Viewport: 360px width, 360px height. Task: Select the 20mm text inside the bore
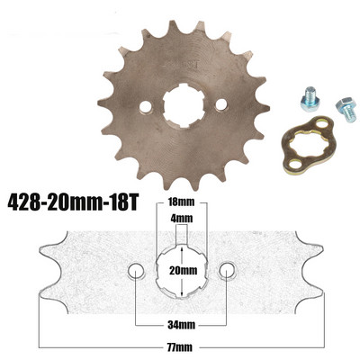(x=183, y=269)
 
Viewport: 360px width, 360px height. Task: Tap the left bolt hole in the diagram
(x=136, y=270)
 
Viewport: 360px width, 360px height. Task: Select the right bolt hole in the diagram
(x=229, y=270)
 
